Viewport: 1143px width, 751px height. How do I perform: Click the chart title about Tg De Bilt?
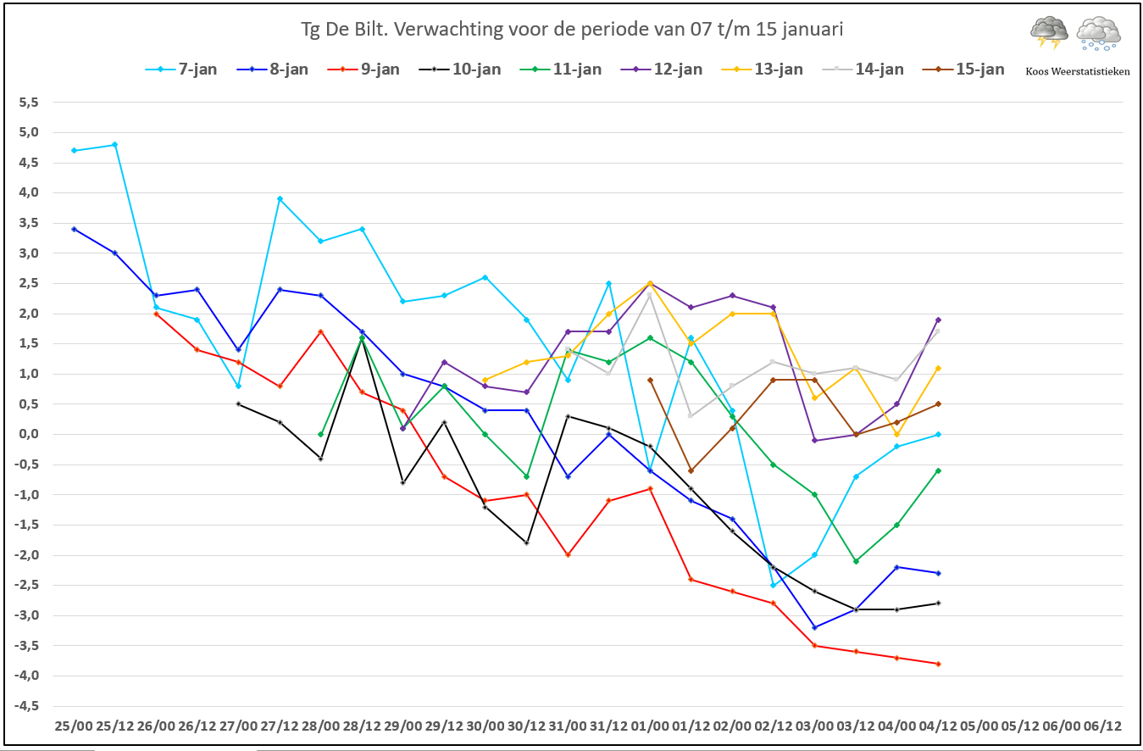(571, 29)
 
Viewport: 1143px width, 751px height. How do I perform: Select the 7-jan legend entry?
(181, 69)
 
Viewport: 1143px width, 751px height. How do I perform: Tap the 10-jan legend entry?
(460, 69)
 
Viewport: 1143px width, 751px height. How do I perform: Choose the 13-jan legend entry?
(763, 69)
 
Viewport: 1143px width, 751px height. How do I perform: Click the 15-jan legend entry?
(963, 69)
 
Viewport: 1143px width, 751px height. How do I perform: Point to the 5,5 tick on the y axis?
(29, 102)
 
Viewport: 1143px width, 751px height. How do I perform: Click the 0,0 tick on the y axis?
(29, 434)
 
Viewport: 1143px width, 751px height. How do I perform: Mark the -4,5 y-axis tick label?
(26, 706)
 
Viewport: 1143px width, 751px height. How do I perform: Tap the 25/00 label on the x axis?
(74, 726)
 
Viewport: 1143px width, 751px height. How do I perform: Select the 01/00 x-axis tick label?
(650, 726)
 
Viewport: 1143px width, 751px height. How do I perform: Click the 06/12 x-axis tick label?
(1102, 726)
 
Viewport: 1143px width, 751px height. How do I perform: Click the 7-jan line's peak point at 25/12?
(115, 144)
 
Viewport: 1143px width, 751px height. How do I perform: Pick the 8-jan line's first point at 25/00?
(74, 229)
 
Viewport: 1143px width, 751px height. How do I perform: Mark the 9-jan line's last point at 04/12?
(938, 664)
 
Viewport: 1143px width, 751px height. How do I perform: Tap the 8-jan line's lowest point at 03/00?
(814, 627)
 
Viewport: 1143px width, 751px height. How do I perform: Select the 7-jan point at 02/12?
(773, 585)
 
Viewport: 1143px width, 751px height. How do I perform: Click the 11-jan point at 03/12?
(856, 561)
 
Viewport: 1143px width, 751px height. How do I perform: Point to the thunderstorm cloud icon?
(1049, 32)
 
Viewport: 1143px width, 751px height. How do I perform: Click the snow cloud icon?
(1099, 34)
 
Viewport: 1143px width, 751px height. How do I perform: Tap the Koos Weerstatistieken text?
(1078, 71)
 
